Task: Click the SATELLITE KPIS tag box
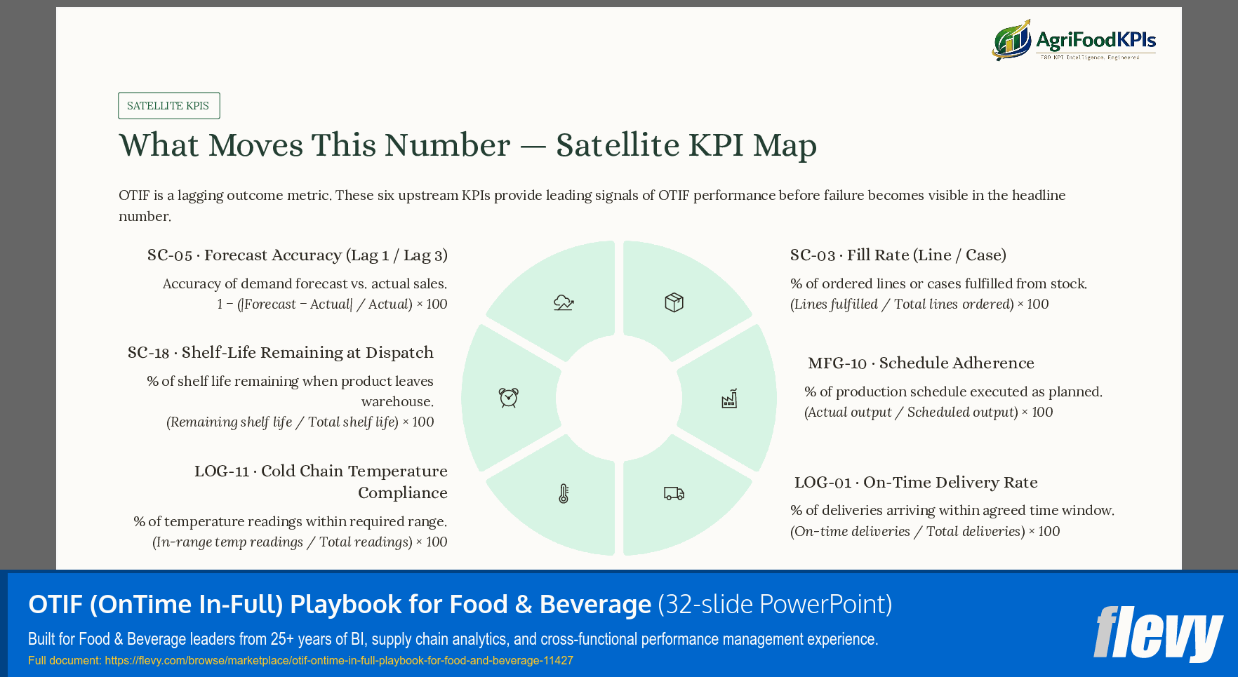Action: (168, 106)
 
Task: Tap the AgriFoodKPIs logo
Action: (1074, 40)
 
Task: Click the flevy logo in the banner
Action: (1157, 634)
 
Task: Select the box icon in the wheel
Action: (674, 302)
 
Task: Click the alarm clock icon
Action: (509, 398)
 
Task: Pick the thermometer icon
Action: (564, 493)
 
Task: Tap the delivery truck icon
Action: (674, 493)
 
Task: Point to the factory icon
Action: (729, 398)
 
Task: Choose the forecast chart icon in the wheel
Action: (564, 302)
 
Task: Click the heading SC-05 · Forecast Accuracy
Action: (297, 255)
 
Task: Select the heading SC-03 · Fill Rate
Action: (898, 255)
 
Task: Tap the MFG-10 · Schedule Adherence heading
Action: (921, 363)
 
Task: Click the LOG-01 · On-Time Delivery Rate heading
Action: (915, 483)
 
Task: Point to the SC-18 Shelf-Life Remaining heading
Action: (280, 353)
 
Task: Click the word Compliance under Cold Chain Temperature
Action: (402, 493)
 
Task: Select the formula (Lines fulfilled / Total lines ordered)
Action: (903, 304)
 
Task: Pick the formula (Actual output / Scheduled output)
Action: (911, 413)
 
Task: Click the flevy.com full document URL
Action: (338, 660)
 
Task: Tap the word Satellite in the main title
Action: (616, 145)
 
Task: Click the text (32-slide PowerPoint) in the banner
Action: (775, 604)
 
